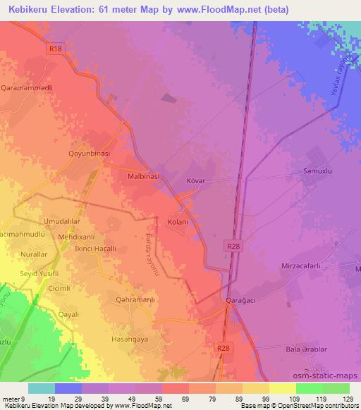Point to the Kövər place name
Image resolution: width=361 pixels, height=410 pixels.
(197, 180)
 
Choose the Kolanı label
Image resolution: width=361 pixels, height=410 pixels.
(177, 222)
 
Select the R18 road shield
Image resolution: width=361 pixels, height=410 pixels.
(57, 49)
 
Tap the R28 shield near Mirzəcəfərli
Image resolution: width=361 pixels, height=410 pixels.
(235, 246)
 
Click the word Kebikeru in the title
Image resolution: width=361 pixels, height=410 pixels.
(30, 8)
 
